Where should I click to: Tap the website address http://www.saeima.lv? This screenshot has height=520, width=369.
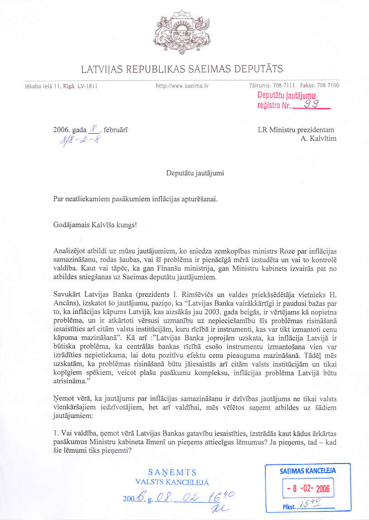pos(179,85)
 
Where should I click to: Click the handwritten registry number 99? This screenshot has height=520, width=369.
pos(312,104)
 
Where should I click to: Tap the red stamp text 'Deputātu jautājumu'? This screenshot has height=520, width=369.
pos(286,95)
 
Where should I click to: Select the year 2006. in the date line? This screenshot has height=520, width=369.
pos(61,130)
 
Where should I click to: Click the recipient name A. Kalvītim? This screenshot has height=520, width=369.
pos(318,139)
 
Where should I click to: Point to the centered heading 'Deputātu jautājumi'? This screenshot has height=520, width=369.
pos(195,173)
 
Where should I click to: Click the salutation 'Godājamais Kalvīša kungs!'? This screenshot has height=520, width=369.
pos(95,225)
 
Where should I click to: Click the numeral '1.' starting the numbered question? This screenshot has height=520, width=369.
pos(56,434)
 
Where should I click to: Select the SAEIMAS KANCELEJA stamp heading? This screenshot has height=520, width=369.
pos(307,471)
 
